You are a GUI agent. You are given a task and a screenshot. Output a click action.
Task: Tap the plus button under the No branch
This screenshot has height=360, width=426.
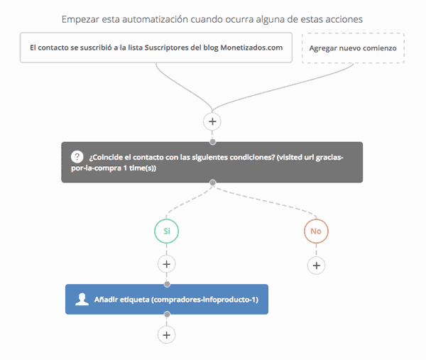(x=316, y=266)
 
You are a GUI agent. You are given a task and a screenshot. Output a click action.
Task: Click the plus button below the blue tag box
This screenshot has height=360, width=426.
(x=167, y=334)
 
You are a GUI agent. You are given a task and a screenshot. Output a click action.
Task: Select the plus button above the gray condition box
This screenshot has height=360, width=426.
(x=212, y=121)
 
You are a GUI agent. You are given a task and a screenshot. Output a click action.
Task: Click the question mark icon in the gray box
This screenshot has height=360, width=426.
(x=77, y=157)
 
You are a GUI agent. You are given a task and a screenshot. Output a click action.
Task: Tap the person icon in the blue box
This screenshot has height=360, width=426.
(x=82, y=300)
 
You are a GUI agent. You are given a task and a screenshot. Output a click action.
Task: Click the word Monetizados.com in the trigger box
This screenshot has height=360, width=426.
(x=251, y=48)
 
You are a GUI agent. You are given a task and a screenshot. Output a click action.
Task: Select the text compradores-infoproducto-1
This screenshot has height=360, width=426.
(x=205, y=300)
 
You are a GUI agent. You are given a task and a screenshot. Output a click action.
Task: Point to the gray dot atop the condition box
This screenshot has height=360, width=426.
(x=213, y=142)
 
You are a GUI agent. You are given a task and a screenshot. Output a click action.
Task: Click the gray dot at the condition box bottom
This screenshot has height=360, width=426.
(x=213, y=182)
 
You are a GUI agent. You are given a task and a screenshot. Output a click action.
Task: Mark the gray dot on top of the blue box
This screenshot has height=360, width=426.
(x=167, y=284)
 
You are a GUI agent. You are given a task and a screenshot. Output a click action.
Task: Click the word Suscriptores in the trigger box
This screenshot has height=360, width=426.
(x=166, y=48)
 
